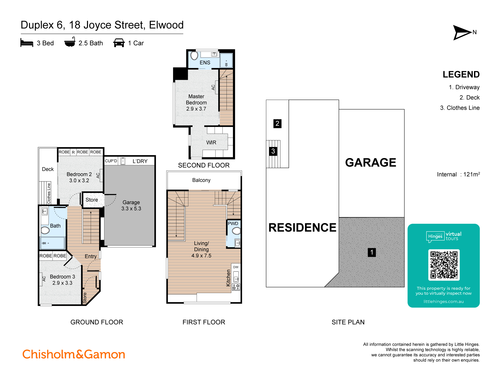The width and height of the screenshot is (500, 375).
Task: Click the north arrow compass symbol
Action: [x=462, y=32]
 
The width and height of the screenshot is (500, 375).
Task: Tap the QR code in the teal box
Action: [x=444, y=265]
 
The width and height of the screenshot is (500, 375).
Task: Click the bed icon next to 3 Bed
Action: [x=27, y=43]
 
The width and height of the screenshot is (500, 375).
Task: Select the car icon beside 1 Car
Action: [x=119, y=43]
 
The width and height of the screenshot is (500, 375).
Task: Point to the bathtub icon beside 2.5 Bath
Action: [x=70, y=42]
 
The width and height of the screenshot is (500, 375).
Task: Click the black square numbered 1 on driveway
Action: [x=372, y=252]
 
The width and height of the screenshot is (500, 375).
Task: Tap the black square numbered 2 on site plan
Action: [x=277, y=123]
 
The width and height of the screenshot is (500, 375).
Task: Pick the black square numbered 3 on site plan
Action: [x=273, y=151]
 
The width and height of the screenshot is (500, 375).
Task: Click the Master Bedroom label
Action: [x=196, y=99]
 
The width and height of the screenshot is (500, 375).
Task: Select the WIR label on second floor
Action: [x=211, y=142]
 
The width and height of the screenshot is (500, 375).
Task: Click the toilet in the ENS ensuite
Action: [x=194, y=55]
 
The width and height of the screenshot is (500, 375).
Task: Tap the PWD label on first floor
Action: [x=233, y=223]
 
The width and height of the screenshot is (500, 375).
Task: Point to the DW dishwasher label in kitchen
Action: [x=236, y=267]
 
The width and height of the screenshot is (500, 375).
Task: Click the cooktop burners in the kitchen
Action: [x=236, y=287]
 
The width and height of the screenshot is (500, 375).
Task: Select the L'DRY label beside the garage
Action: [x=140, y=161]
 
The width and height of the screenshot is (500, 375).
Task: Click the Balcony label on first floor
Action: [x=201, y=180]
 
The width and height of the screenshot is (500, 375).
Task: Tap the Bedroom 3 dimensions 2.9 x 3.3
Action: [x=62, y=283]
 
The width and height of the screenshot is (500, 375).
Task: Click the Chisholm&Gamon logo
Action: [x=74, y=354]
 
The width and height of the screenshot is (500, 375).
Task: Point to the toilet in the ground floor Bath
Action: [x=45, y=230]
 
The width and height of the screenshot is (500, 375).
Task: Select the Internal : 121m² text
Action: [x=458, y=174]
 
